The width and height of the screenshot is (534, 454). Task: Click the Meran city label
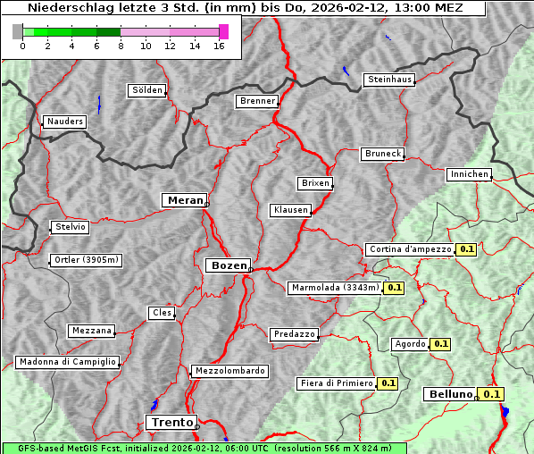(184, 200)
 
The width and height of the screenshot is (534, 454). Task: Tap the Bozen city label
(228, 265)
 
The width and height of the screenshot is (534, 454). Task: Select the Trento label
(171, 422)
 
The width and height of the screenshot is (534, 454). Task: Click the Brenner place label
(257, 101)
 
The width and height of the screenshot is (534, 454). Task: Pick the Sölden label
(147, 90)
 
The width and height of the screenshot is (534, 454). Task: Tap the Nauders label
(64, 122)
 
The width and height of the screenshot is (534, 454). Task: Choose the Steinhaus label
(390, 80)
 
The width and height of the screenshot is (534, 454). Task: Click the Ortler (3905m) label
(86, 261)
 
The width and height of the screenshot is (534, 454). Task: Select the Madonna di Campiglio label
(67, 362)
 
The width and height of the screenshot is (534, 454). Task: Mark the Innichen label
(469, 174)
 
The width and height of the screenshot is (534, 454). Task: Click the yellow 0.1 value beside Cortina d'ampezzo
(466, 249)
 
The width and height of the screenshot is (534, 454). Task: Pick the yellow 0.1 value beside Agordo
(440, 343)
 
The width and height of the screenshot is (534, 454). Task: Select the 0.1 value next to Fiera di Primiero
(388, 383)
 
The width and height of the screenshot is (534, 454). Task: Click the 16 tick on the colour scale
(219, 46)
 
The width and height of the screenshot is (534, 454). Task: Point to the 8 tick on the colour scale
(120, 46)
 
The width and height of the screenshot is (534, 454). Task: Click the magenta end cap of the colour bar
(223, 31)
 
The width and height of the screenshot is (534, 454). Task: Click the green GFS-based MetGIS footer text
(204, 448)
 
